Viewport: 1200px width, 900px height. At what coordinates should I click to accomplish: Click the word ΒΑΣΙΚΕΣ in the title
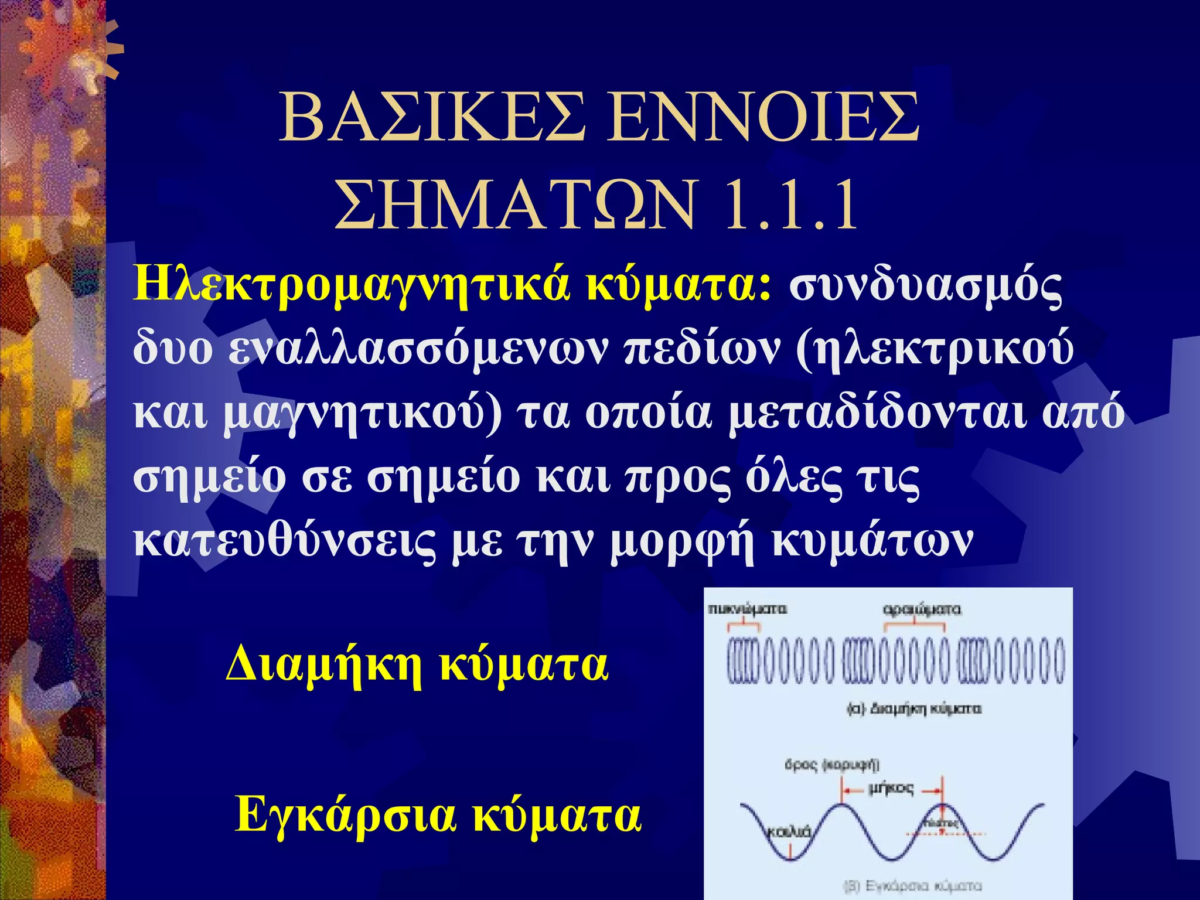tap(432, 118)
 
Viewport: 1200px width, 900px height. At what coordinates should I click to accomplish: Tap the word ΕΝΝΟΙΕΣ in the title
tap(762, 118)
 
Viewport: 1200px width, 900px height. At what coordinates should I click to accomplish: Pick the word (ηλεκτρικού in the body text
tap(935, 350)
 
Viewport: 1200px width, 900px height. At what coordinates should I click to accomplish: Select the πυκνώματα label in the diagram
tap(747, 609)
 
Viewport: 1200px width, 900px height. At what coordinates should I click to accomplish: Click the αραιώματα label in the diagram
tap(922, 609)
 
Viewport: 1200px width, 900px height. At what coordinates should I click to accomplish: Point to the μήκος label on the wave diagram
tap(891, 789)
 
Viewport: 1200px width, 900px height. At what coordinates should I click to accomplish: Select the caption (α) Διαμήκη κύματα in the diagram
tap(914, 709)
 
